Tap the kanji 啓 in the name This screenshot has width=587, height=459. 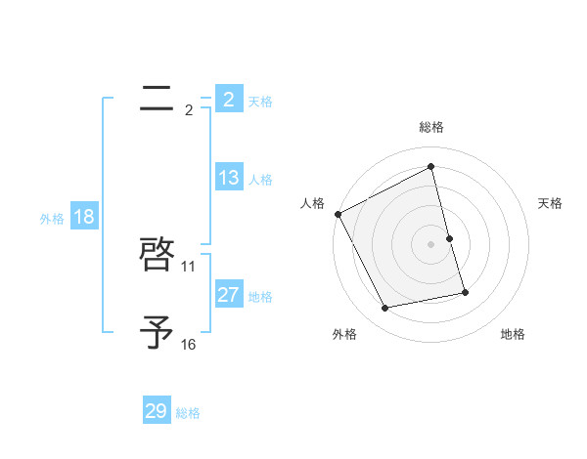[157, 256]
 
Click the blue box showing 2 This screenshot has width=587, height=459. [228, 100]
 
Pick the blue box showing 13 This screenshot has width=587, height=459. [228, 178]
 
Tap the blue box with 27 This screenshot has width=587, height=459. [228, 295]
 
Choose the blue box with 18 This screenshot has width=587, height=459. [83, 217]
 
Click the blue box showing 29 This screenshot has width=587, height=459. [156, 411]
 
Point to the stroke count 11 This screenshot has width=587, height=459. [189, 266]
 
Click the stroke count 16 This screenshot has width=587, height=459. [189, 344]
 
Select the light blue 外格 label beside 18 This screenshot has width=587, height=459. [52, 219]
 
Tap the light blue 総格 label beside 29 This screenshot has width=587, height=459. [188, 413]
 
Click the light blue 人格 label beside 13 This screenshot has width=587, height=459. [260, 180]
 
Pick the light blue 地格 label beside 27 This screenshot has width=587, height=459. [260, 297]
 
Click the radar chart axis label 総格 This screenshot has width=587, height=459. [430, 127]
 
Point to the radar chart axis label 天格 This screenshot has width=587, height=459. [550, 203]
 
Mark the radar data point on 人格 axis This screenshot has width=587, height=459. [338, 214]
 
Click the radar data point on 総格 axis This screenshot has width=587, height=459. [430, 166]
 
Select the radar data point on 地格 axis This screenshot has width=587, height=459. [465, 292]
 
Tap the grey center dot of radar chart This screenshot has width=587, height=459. [430, 244]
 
